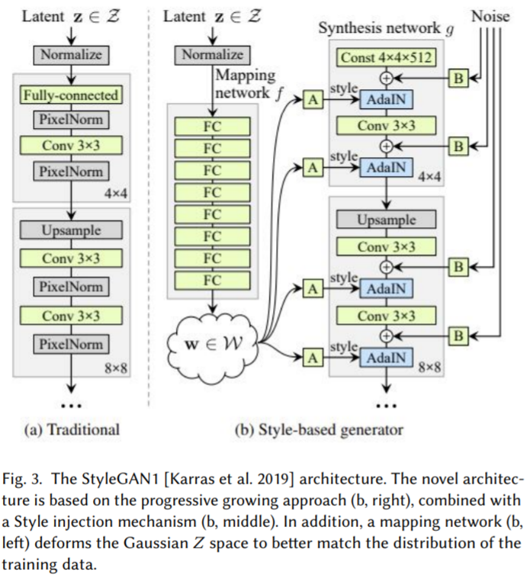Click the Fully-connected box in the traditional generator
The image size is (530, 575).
click(69, 95)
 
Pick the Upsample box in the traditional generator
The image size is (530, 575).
click(70, 230)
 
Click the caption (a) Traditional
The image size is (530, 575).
click(72, 429)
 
